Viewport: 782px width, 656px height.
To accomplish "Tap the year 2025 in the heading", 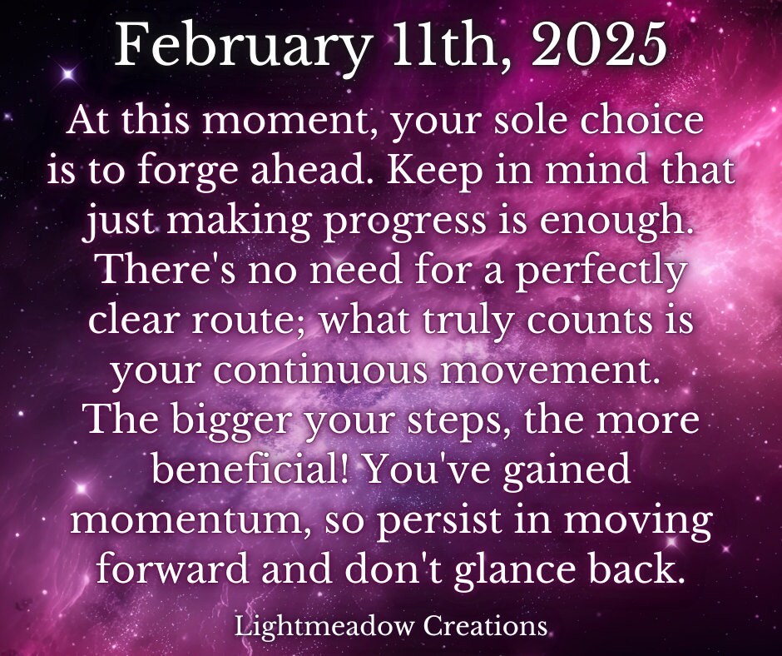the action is (599, 44).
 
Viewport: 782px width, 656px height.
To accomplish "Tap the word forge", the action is (191, 172).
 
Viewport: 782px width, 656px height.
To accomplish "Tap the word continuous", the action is (320, 371).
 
